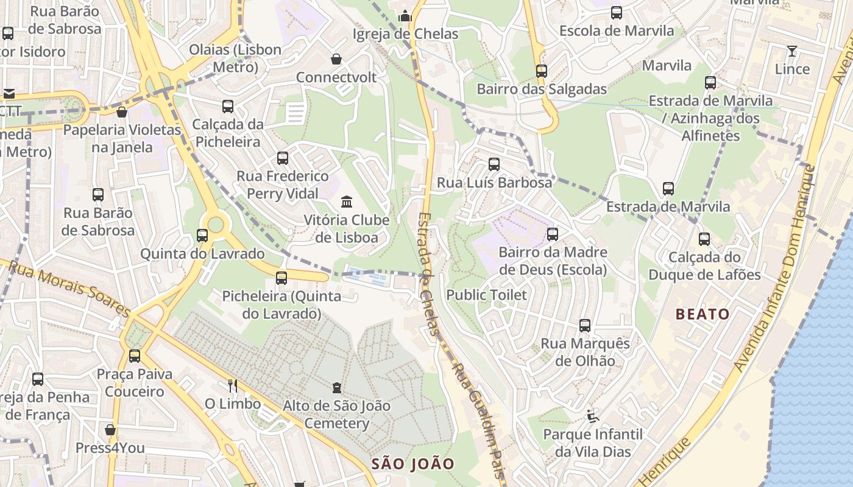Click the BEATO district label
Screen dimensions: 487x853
[x=703, y=314]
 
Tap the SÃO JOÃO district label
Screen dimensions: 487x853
[x=413, y=464]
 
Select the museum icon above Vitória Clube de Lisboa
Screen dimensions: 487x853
[x=347, y=201]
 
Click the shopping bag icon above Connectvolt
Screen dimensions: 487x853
[x=336, y=59]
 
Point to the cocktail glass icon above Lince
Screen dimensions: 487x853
[x=792, y=51]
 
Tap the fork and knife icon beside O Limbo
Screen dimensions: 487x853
[x=232, y=385]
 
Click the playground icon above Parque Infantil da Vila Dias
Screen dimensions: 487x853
[x=593, y=416]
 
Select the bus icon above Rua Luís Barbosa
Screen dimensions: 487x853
[x=494, y=164]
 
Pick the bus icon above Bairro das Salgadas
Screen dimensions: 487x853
[x=541, y=71]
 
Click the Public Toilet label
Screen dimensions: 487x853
[x=486, y=295]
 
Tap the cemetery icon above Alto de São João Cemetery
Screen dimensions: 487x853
[x=336, y=387]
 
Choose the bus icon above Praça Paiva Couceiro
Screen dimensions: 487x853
[x=135, y=356]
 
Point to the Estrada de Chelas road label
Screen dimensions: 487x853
[x=429, y=274]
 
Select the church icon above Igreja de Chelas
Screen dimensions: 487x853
[x=405, y=16]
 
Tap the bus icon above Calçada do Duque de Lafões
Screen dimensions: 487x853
[x=704, y=239]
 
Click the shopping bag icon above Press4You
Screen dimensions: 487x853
[x=110, y=430]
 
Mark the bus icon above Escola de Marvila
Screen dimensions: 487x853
[x=617, y=13]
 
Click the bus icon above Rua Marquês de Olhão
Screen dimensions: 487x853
[x=585, y=326]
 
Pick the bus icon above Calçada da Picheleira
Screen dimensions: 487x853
[x=228, y=107]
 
